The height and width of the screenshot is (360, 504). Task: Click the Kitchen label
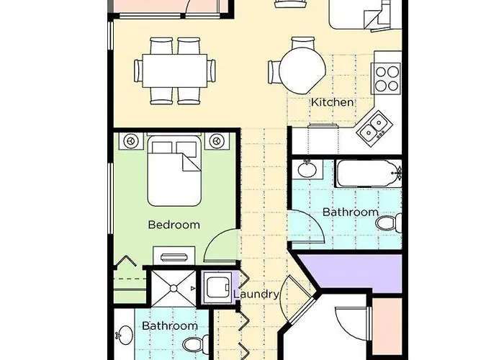333,102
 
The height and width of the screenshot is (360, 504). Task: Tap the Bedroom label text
174,225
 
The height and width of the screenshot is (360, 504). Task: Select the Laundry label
256,294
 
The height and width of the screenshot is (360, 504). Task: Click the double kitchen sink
376,128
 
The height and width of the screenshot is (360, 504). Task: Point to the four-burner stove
387,78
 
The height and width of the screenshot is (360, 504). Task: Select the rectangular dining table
174,71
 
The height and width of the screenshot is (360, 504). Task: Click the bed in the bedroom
174,171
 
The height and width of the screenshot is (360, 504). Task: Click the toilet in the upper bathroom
388,222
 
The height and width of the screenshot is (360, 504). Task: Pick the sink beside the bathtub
307,169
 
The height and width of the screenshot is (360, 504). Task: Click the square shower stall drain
174,288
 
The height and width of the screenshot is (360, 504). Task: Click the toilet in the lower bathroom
195,344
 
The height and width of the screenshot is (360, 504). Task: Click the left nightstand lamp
131,141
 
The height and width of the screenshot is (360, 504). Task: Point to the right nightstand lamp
217,141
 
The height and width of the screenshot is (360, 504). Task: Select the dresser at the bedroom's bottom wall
174,256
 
